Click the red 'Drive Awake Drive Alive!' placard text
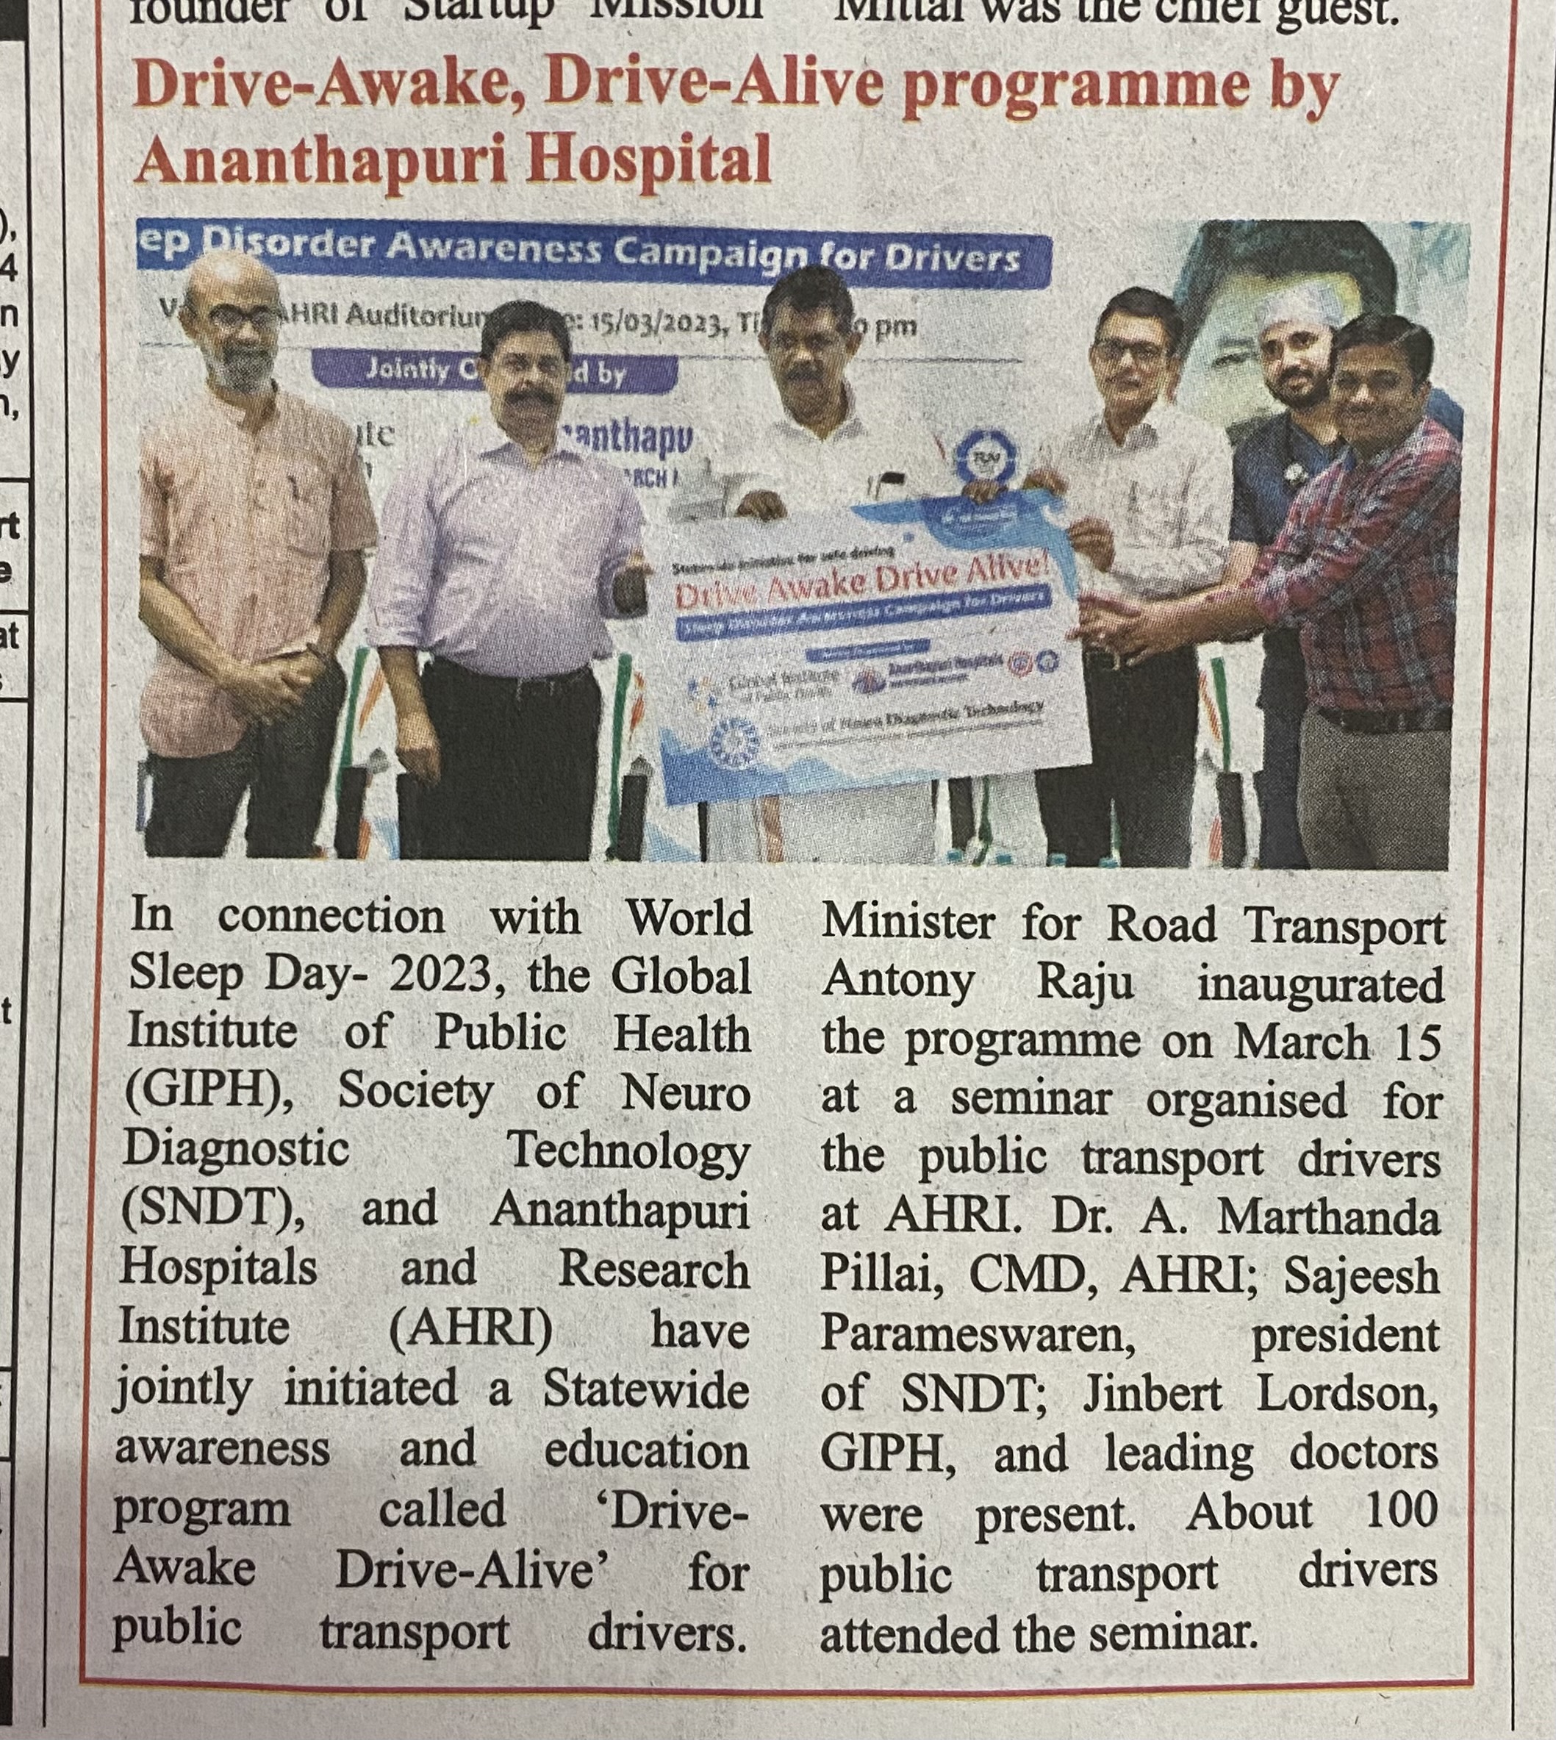864,581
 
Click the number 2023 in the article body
440,975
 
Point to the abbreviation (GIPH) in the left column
204,1092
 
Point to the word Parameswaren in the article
978,1334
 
